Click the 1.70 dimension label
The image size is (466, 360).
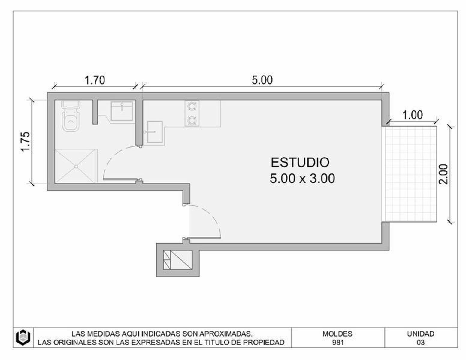(x=95, y=80)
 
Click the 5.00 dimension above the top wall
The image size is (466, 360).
(x=262, y=80)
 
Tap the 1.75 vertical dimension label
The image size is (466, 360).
(x=26, y=141)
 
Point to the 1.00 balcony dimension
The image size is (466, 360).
(x=413, y=115)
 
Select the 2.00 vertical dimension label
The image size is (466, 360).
(x=443, y=174)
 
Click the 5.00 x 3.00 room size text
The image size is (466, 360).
(x=302, y=178)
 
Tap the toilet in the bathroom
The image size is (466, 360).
(x=71, y=116)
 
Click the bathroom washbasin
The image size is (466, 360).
(x=122, y=111)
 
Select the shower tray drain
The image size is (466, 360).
(x=76, y=166)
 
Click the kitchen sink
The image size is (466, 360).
(x=155, y=132)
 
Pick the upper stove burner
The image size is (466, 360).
(x=192, y=106)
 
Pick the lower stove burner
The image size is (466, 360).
(x=192, y=120)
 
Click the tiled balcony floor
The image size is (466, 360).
(x=411, y=174)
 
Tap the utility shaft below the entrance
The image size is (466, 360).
(x=177, y=260)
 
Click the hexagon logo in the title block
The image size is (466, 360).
(x=23, y=337)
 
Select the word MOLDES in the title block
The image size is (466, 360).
(x=337, y=334)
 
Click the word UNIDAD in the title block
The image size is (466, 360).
(x=421, y=334)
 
